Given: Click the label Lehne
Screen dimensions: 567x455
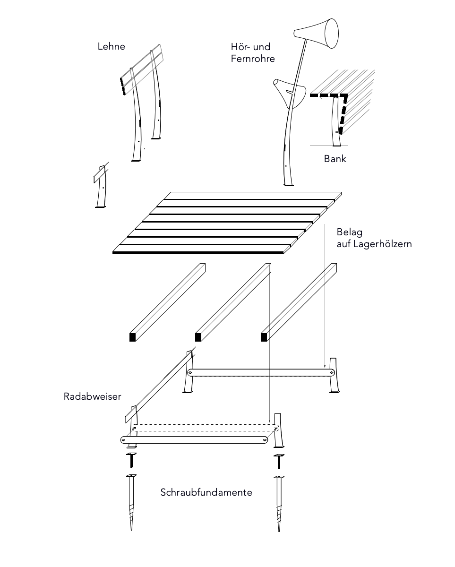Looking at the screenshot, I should point(112,46).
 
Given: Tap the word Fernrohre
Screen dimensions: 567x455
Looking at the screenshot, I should point(253,59).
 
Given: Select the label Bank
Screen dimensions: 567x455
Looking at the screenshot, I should point(335,159).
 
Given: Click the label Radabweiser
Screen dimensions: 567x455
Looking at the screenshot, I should point(93,396).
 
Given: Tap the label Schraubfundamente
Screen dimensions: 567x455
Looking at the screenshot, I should point(206,492).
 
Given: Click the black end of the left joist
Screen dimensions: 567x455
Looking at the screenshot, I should point(133,337).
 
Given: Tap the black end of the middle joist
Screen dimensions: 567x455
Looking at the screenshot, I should point(198,337).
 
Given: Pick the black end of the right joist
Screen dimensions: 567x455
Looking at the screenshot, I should point(264,337).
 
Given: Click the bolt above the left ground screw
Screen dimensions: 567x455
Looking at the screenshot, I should point(131,459).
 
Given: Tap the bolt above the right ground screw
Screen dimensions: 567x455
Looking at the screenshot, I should point(279,459).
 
